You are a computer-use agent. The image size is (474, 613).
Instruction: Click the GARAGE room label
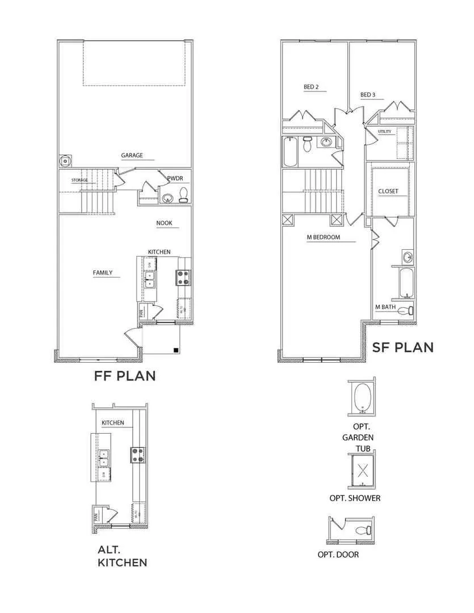tap(132, 156)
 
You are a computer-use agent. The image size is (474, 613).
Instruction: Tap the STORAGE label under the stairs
tap(79, 180)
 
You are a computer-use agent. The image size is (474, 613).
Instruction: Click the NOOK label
tap(165, 224)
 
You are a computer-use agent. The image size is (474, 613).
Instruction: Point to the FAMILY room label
tap(103, 273)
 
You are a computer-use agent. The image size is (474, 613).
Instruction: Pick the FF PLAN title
tap(124, 376)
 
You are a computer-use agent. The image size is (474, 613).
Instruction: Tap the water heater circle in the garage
tap(66, 161)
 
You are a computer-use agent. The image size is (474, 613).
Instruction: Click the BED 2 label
tap(311, 87)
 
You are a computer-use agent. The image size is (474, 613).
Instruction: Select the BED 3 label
tap(368, 95)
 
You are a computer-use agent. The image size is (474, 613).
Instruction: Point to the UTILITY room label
tap(385, 132)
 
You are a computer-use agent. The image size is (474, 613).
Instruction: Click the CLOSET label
tap(388, 191)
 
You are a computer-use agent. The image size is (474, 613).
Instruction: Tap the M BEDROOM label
tap(323, 237)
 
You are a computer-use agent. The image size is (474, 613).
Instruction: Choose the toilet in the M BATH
tap(404, 310)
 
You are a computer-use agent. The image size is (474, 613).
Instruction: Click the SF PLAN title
tap(402, 347)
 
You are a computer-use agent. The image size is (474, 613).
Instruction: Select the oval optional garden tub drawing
tap(362, 396)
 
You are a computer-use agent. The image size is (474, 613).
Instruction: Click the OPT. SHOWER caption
tap(355, 498)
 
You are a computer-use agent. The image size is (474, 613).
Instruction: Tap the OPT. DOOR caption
tap(338, 555)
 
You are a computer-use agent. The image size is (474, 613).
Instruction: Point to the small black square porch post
tap(177, 350)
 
